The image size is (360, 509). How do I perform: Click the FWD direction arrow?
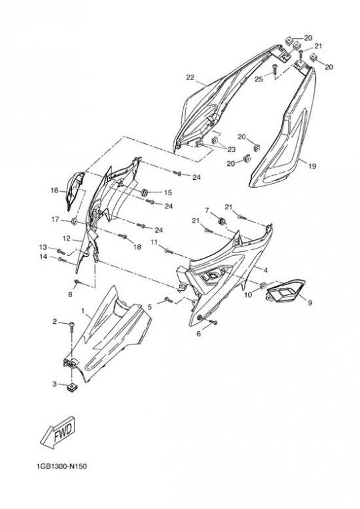click(x=58, y=433)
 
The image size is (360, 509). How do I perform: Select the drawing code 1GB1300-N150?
click(x=62, y=466)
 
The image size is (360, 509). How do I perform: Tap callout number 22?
click(x=190, y=77)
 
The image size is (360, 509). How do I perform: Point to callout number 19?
click(x=312, y=166)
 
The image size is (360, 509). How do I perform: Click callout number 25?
click(x=259, y=79)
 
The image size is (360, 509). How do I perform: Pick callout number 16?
click(x=54, y=191)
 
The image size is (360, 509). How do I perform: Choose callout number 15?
click(x=167, y=193)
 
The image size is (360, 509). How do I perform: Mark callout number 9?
click(x=310, y=302)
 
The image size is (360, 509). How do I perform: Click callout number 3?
click(x=55, y=384)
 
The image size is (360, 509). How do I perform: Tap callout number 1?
click(x=83, y=310)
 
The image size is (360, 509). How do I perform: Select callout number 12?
click(x=66, y=239)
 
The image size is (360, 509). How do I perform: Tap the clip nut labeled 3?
click(x=71, y=387)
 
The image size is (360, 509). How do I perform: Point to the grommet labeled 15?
click(x=144, y=191)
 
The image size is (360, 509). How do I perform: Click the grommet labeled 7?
click(x=222, y=221)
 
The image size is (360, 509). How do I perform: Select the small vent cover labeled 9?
click(x=285, y=290)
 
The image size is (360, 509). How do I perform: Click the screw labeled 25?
click(x=274, y=69)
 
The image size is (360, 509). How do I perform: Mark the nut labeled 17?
click(x=74, y=222)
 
